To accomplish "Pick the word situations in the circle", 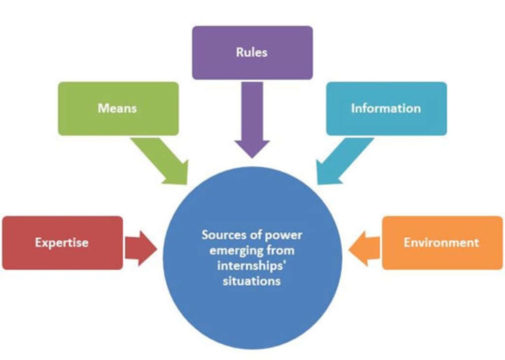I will [x=252, y=281].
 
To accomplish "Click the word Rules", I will [x=252, y=52].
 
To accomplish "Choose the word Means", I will [x=117, y=108].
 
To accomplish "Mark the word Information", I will [x=386, y=108].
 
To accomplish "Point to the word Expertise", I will [x=62, y=242].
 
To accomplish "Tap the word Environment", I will [x=441, y=242].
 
